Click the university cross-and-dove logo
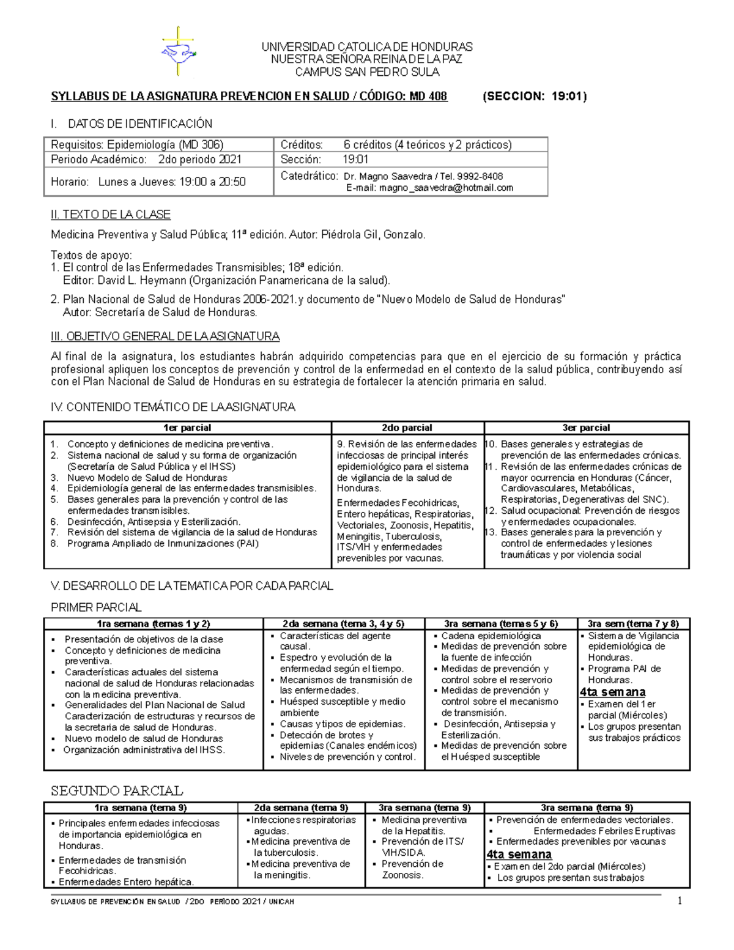point(178,52)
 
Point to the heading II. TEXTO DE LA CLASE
point(110,215)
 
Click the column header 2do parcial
point(407,428)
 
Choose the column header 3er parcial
point(586,428)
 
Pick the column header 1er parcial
point(187,428)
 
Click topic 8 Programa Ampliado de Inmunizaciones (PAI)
point(163,543)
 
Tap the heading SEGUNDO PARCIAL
point(116,791)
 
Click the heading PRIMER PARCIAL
point(96,607)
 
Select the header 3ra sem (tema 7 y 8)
point(633,624)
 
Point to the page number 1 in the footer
point(679,900)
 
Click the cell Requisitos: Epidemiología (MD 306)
point(137,145)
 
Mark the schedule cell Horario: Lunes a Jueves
point(148,182)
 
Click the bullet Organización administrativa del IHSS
point(144,750)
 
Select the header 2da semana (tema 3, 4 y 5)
point(343,624)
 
